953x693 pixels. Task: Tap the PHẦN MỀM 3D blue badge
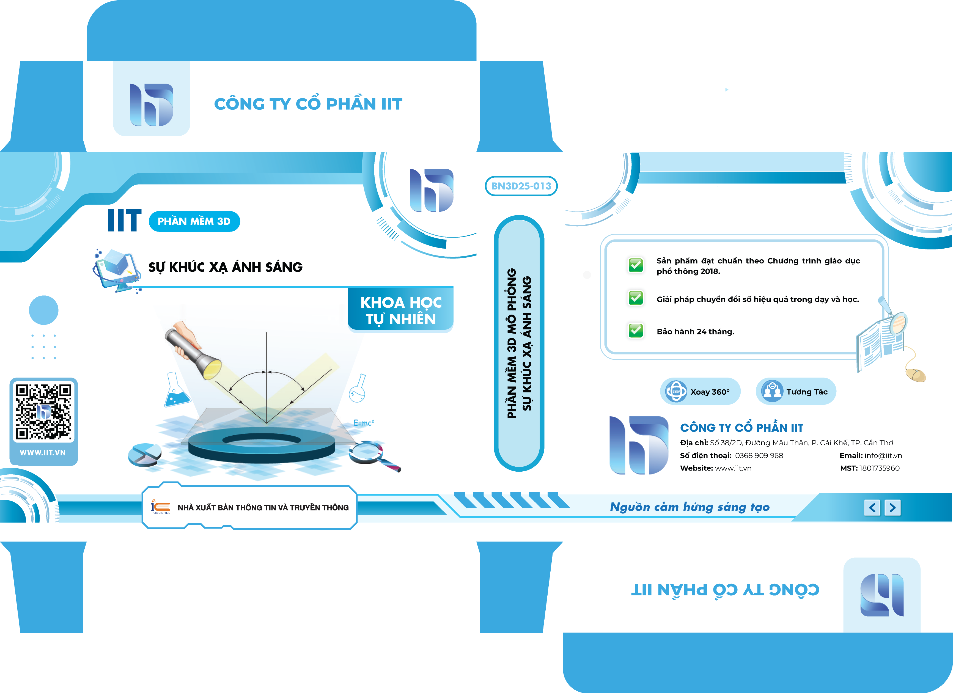point(194,221)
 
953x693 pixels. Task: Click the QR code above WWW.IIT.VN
point(44,412)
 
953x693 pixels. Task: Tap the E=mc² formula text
point(364,423)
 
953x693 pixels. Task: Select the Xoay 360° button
point(700,392)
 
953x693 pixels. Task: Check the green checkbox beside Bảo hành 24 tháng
point(636,330)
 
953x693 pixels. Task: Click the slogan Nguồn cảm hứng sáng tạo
point(690,507)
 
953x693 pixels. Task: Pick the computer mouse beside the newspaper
point(916,374)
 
